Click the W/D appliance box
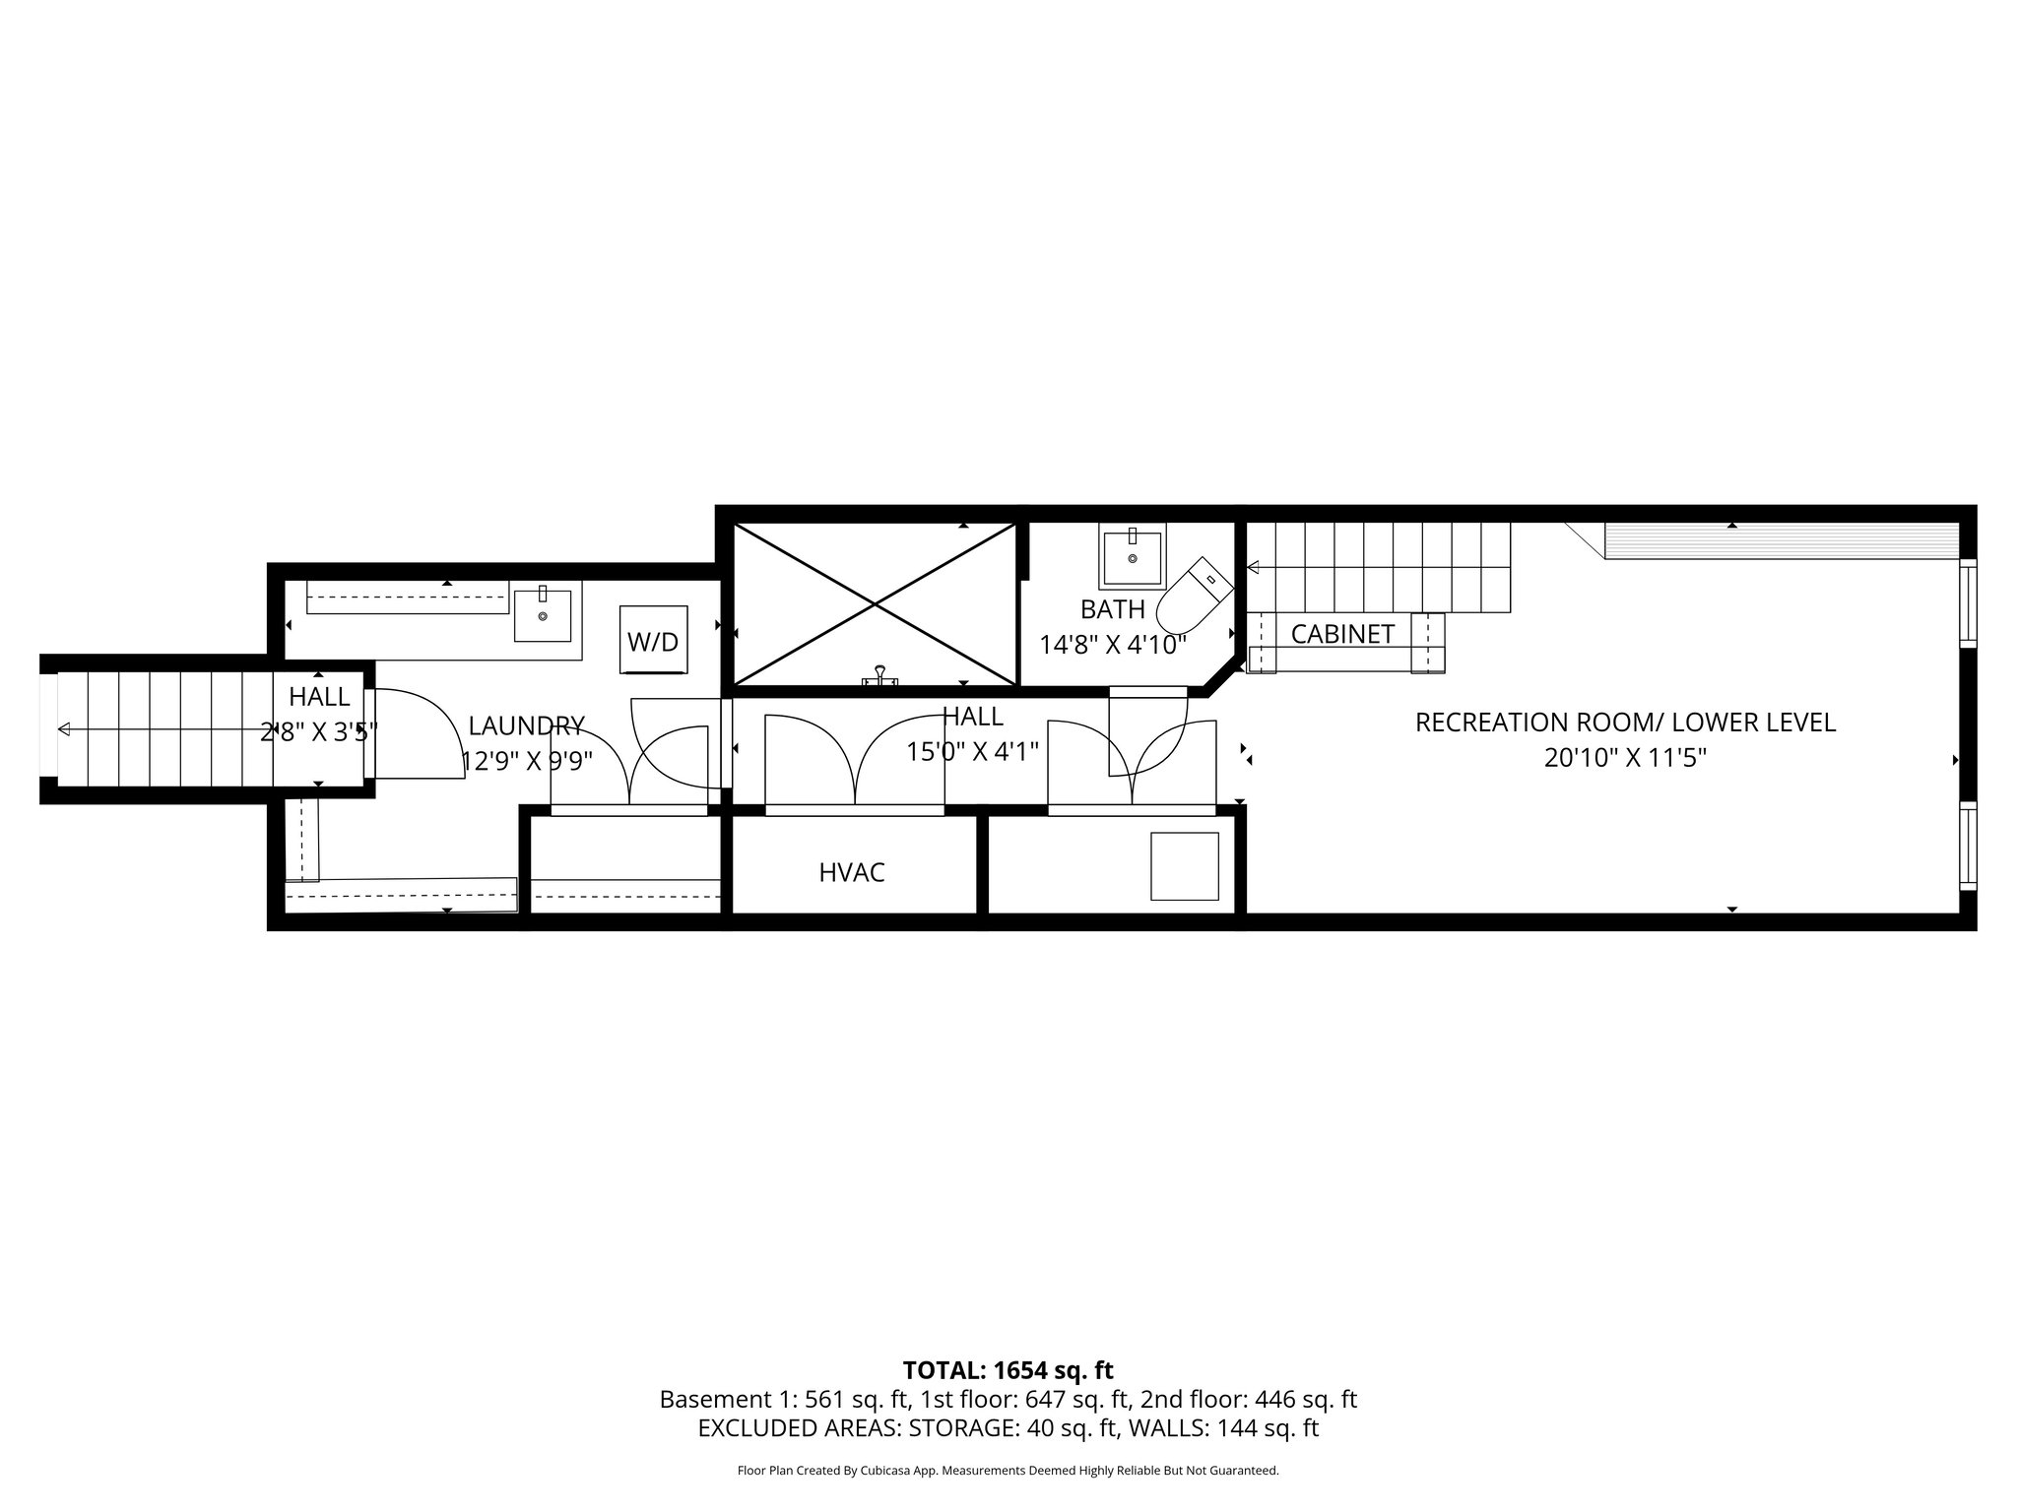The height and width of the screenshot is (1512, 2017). click(x=653, y=640)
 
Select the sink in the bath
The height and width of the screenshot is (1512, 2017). click(x=1133, y=557)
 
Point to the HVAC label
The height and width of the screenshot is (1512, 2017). click(x=852, y=872)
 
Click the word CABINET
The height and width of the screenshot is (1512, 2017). click(x=1342, y=635)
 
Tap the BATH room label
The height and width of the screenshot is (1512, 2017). click(x=1113, y=608)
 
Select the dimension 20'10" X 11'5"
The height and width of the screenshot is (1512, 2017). click(x=1625, y=758)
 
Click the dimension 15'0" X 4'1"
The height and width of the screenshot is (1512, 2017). click(x=973, y=752)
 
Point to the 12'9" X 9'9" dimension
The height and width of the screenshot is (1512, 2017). click(x=528, y=762)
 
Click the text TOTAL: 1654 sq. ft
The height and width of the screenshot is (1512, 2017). click(x=1008, y=1370)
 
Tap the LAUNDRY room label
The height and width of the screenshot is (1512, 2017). click(x=527, y=726)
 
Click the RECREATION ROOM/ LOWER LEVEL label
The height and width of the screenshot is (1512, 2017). click(x=1625, y=723)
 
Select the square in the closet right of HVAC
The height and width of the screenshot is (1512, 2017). click(x=1185, y=866)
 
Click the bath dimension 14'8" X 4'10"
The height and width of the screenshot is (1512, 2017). click(x=1113, y=645)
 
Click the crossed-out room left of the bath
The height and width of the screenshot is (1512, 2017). click(x=875, y=603)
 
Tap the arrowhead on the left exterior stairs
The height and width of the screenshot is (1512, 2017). click(x=65, y=728)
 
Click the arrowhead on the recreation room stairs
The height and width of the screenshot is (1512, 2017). click(x=1254, y=568)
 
